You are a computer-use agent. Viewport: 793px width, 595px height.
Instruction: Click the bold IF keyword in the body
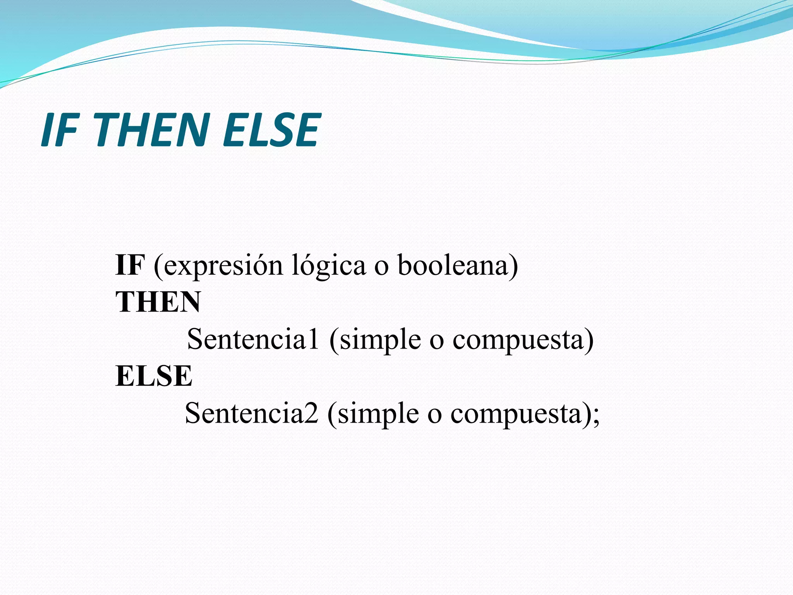coord(130,265)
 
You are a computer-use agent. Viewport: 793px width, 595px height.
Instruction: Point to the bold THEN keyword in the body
coord(158,302)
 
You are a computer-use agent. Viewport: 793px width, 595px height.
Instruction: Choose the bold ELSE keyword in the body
coord(154,376)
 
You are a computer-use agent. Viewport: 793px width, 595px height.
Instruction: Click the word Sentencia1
coord(253,339)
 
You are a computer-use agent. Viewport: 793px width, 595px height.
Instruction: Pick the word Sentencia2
coord(251,413)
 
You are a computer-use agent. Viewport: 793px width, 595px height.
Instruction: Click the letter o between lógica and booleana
coord(381,267)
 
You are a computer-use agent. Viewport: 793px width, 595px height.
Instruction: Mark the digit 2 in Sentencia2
coord(311,413)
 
